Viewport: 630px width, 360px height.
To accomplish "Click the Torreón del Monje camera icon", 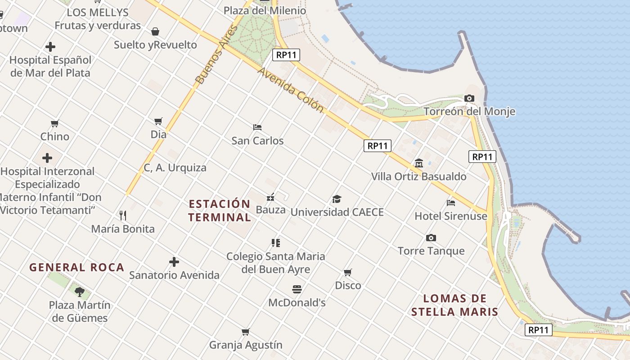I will pyautogui.click(x=469, y=98).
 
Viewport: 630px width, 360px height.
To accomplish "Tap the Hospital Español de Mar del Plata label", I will pyautogui.click(x=50, y=66).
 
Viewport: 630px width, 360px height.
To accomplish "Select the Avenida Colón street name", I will pyautogui.click(x=291, y=90).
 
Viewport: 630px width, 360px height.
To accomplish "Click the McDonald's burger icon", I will pyautogui.click(x=297, y=289).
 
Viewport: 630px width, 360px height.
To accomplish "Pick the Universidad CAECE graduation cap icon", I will pyautogui.click(x=337, y=199).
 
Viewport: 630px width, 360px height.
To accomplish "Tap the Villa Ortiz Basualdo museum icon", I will pyautogui.click(x=419, y=163).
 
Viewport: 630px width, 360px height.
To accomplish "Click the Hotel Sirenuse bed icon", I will pyautogui.click(x=451, y=202).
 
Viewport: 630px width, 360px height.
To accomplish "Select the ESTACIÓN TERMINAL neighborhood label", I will pyautogui.click(x=220, y=211).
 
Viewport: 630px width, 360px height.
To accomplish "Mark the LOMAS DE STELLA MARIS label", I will pyautogui.click(x=455, y=305).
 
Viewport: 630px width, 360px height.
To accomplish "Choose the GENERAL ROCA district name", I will pyautogui.click(x=77, y=267).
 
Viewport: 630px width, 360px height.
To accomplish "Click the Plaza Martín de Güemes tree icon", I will pyautogui.click(x=80, y=292).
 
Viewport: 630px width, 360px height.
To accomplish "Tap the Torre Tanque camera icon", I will pyautogui.click(x=431, y=238).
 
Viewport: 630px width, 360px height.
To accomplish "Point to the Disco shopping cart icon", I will pyautogui.click(x=348, y=272).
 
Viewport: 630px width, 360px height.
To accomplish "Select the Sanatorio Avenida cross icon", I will pyautogui.click(x=174, y=262).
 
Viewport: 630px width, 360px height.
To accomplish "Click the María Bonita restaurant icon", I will pyautogui.click(x=123, y=216).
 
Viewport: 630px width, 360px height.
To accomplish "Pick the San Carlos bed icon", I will pyautogui.click(x=257, y=127).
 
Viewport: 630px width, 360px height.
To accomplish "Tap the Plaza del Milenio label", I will pyautogui.click(x=265, y=10).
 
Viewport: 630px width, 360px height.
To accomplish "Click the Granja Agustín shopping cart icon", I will pyautogui.click(x=246, y=332).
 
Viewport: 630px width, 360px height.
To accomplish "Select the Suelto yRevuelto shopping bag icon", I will pyautogui.click(x=155, y=31).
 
